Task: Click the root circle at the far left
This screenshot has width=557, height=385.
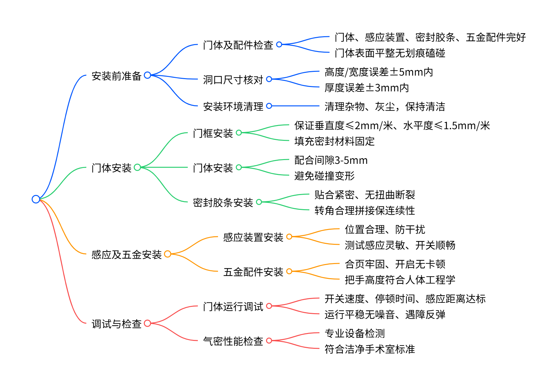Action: coord(36,199)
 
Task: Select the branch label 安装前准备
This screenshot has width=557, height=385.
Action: coord(116,76)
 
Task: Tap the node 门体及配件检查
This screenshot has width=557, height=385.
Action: coord(238,45)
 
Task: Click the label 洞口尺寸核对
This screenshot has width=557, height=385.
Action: coord(233,80)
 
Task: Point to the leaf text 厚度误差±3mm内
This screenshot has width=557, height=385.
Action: coord(367,88)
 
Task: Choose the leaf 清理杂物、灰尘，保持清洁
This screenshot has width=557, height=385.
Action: coord(385,106)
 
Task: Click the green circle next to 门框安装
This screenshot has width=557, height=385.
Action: coord(239,133)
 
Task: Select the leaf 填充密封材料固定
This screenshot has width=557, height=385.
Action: coord(334,141)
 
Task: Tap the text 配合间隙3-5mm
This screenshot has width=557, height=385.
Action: coord(331,160)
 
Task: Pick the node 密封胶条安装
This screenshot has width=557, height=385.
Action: coord(223,203)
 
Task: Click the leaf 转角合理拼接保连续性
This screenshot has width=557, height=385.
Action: coord(365,210)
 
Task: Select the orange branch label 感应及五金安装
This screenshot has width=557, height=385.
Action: coord(126,255)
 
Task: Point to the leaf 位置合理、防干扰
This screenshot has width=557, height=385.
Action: coord(385,229)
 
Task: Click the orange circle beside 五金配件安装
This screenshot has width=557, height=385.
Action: coord(289,271)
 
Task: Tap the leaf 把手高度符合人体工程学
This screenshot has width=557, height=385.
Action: coord(400,280)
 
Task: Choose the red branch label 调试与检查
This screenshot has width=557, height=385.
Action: coord(116,324)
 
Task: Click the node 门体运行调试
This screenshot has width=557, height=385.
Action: coord(233,307)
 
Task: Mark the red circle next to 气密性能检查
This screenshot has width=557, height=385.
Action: coord(269,341)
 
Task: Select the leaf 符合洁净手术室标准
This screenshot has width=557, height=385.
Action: coord(370,349)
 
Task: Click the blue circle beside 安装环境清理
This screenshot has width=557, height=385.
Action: coord(269,106)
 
